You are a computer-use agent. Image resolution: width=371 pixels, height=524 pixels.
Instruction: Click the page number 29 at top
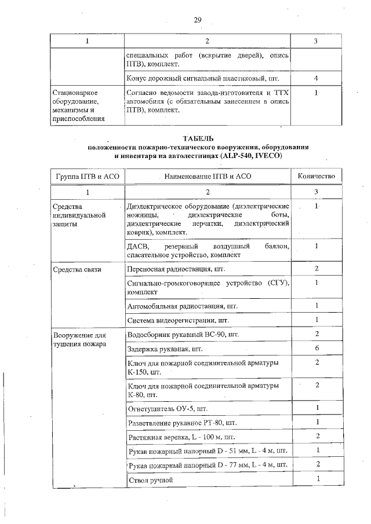click(198, 20)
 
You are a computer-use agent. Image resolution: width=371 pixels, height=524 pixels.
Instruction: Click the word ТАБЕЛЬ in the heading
click(198, 139)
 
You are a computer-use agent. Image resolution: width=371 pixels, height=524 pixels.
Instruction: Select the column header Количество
click(317, 175)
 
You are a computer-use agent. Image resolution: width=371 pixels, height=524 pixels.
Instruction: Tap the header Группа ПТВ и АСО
click(87, 175)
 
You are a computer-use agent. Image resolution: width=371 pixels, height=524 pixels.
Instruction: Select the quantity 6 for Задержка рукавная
click(317, 349)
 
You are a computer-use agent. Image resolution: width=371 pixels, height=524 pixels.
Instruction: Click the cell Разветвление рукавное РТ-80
click(182, 422)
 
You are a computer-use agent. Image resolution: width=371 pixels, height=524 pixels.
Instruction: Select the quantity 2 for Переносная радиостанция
click(317, 269)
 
